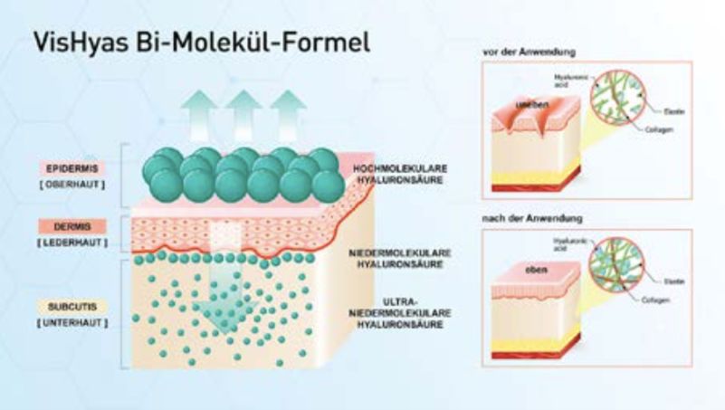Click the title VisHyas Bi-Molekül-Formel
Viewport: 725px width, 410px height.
(x=201, y=43)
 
